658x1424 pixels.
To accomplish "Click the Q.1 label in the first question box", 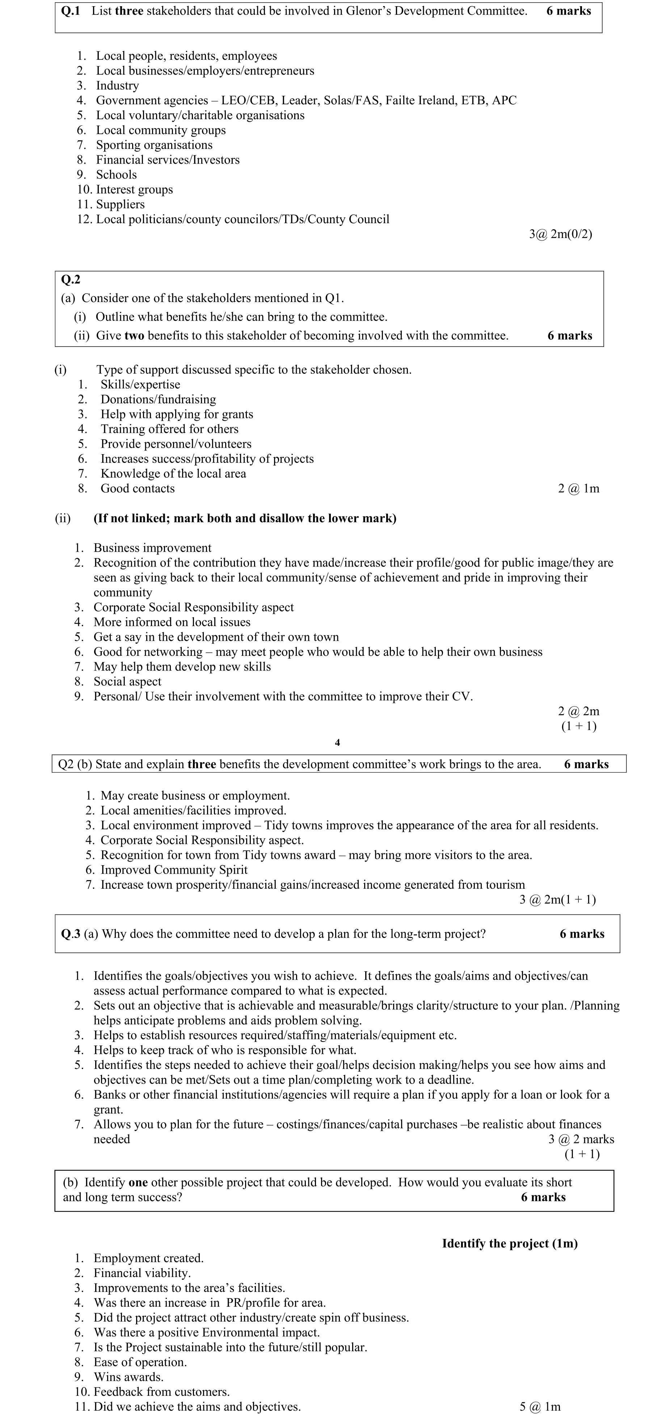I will pos(70,11).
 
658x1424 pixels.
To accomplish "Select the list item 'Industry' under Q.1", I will pos(117,86).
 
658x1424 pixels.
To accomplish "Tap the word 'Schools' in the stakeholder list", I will pos(116,175).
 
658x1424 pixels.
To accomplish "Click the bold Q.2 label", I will pos(70,280).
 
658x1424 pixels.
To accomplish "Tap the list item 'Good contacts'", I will pos(137,489).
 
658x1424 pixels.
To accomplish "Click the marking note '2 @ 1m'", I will pos(578,489).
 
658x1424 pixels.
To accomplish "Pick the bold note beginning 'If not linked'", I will pos(245,519).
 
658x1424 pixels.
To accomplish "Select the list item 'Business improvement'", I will pos(152,548).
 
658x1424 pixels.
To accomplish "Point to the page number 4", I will pos(338,742).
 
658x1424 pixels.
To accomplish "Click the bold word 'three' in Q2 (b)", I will pos(202,765).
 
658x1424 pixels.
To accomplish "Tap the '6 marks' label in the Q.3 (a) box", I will pos(582,934).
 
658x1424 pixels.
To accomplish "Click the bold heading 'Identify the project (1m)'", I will pos(509,1244).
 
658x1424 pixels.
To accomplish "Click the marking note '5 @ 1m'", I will pos(540,1407).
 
